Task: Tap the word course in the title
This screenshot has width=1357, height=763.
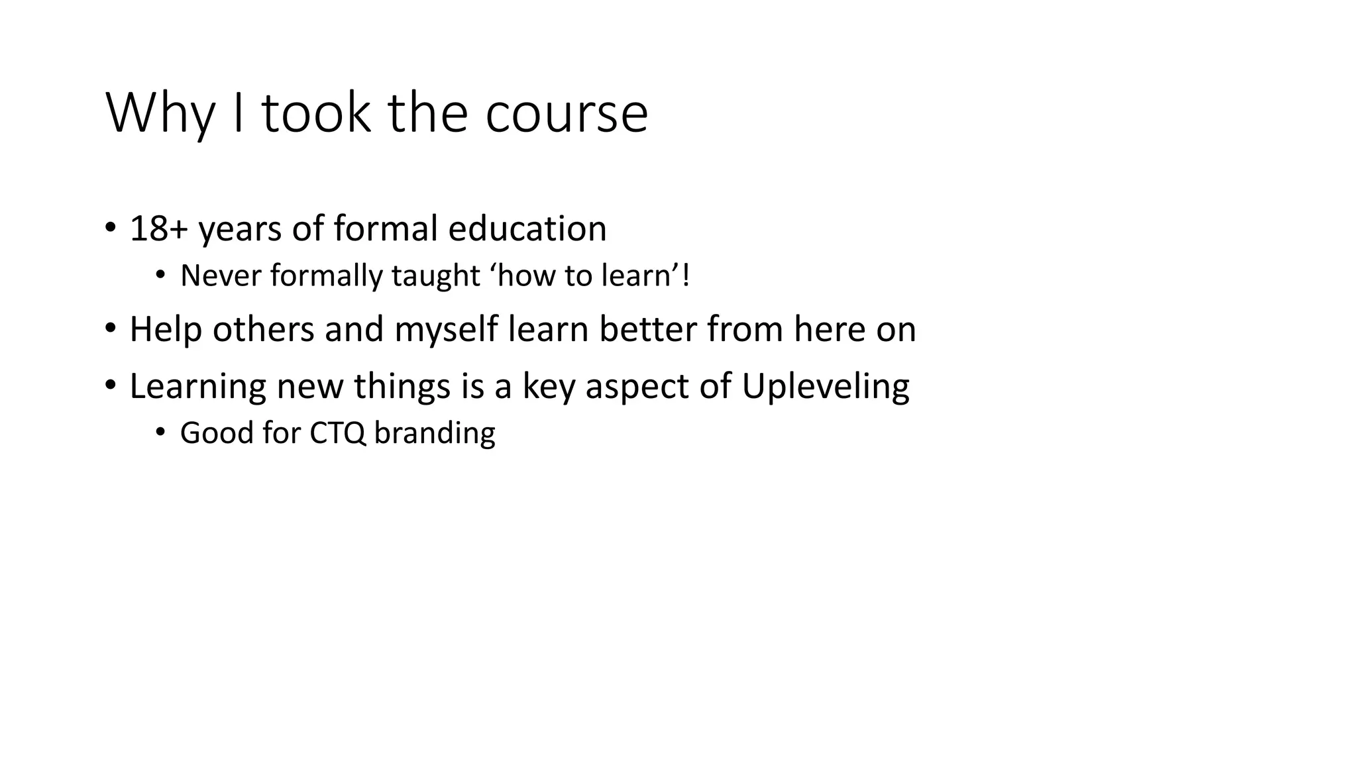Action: coord(567,114)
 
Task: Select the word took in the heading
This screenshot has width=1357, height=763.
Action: coord(316,114)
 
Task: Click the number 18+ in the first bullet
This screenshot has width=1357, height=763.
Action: coord(159,229)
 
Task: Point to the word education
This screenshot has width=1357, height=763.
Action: coord(527,229)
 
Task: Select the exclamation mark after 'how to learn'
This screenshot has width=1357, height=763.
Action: coord(685,276)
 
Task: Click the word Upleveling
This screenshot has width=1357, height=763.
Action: coord(826,386)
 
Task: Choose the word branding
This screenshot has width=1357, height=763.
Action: coord(435,433)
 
